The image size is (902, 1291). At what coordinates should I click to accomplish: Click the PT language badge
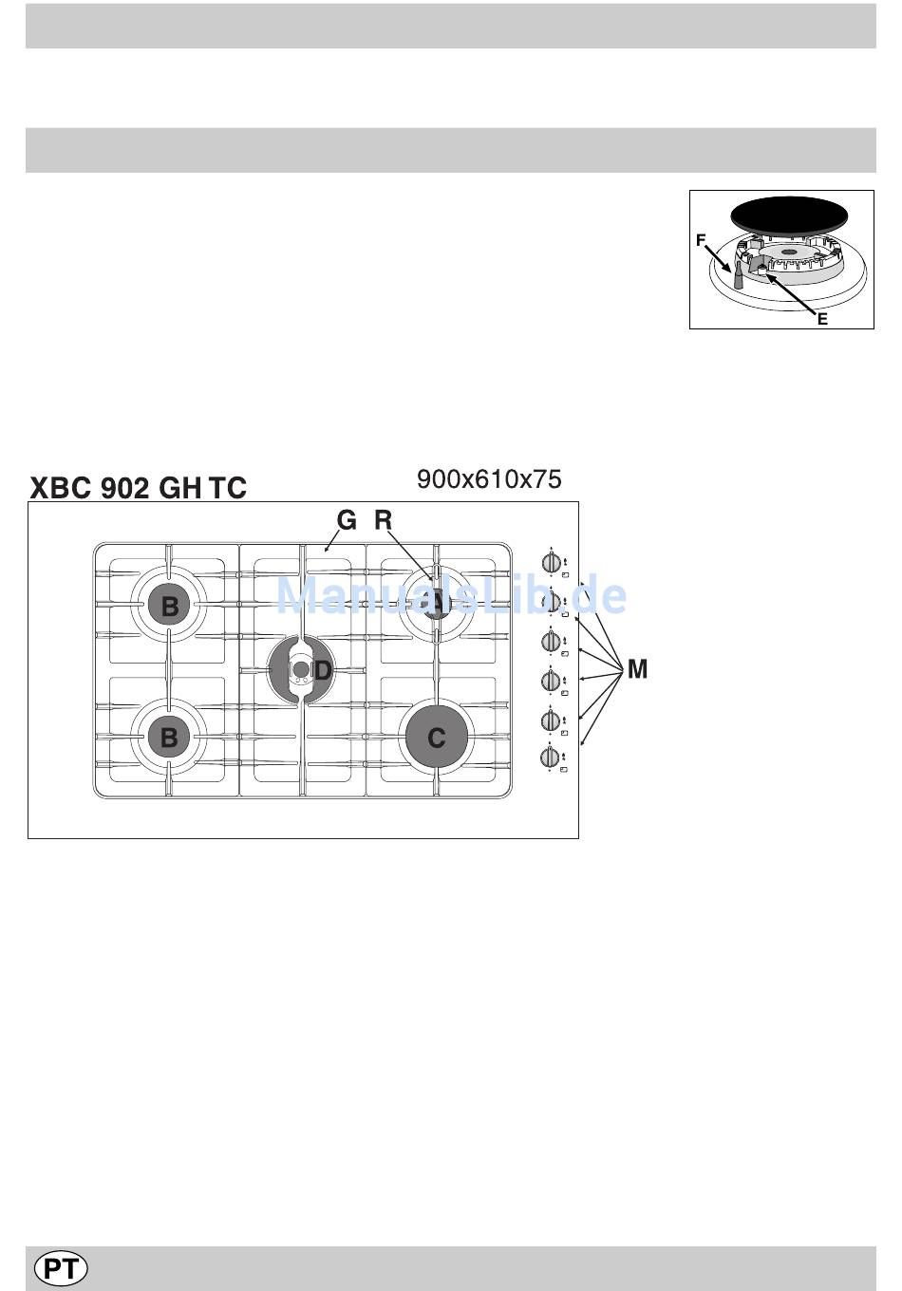point(61,1268)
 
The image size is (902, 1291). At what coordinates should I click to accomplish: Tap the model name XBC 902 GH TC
point(139,488)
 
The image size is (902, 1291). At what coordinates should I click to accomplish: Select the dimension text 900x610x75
point(489,479)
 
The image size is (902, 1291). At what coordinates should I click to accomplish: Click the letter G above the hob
point(347,520)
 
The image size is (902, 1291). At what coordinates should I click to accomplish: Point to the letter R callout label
point(383,520)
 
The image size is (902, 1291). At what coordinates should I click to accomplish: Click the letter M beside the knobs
point(637,670)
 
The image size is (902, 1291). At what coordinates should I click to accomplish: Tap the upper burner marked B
point(170,606)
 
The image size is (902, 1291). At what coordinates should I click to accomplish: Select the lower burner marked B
point(170,737)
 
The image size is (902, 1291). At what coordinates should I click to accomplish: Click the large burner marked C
point(437,738)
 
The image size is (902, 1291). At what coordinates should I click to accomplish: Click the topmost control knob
point(551,562)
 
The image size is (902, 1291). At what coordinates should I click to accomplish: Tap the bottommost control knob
point(551,757)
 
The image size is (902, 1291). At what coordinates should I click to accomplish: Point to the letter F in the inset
point(701,241)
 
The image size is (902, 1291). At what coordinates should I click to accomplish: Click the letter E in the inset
point(822,319)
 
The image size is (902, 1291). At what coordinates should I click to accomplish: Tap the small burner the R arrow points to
point(436,606)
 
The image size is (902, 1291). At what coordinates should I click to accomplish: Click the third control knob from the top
point(551,641)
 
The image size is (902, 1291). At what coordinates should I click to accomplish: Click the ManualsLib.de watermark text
point(451,596)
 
